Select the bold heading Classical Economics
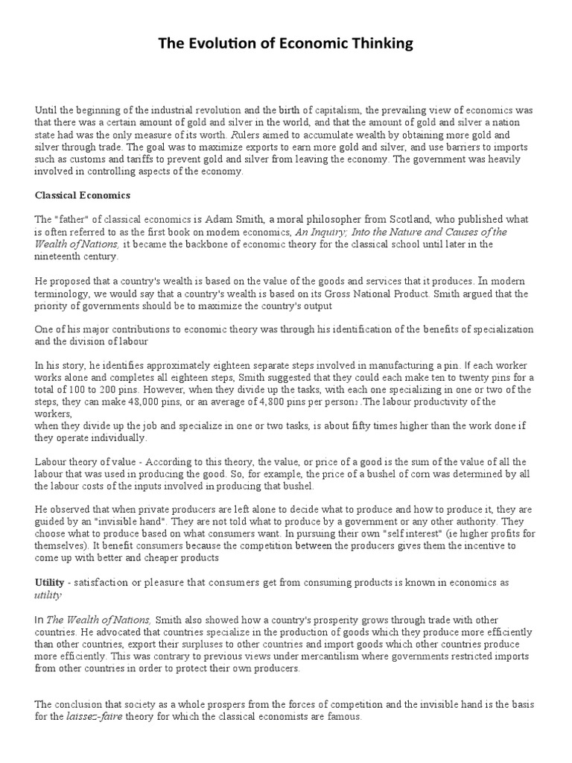(x=83, y=195)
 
